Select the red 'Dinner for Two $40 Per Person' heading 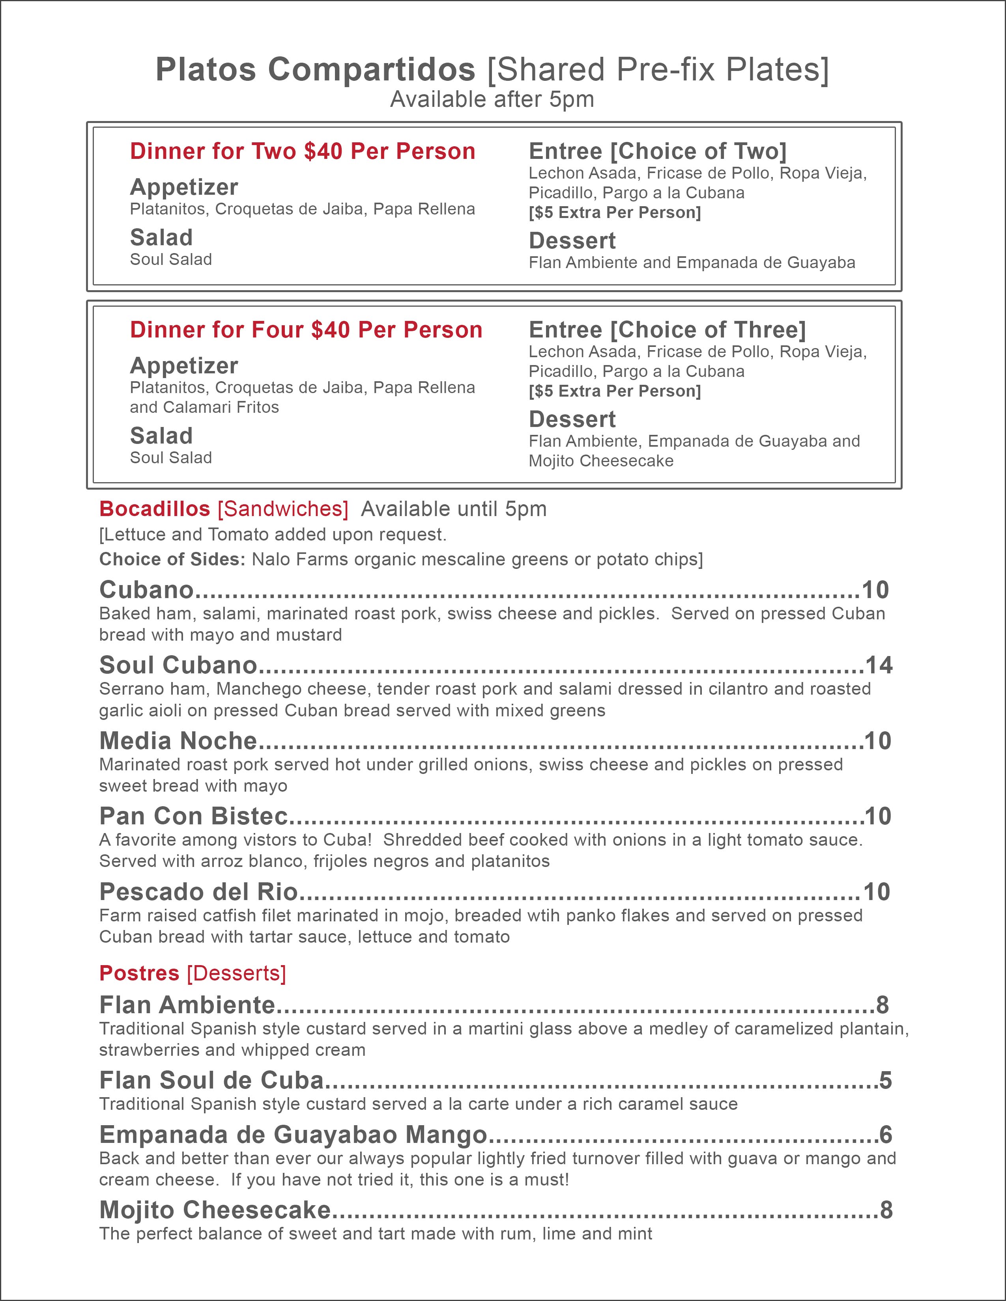[x=302, y=151]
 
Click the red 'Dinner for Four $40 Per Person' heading [x=306, y=330]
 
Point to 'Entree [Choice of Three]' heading [x=667, y=330]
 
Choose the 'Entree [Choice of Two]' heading [x=657, y=151]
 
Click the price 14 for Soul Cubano [x=879, y=665]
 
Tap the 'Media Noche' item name [x=178, y=741]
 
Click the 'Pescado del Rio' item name [x=198, y=892]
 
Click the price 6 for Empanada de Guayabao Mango [x=886, y=1135]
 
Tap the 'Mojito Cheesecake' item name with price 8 [x=215, y=1210]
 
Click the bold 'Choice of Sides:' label [x=172, y=559]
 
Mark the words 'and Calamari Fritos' [x=204, y=408]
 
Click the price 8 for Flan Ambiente [x=882, y=1005]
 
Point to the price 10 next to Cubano [x=875, y=590]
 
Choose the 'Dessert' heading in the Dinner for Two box [x=572, y=240]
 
